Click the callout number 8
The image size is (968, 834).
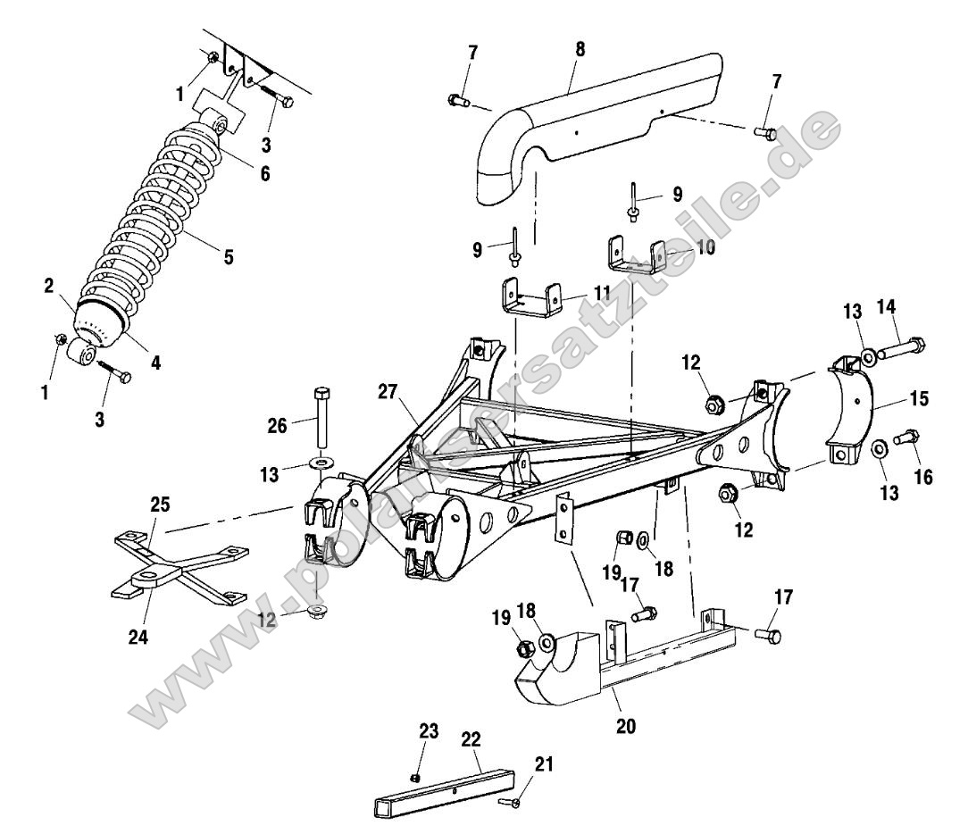(x=580, y=50)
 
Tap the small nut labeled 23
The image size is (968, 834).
(x=416, y=776)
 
